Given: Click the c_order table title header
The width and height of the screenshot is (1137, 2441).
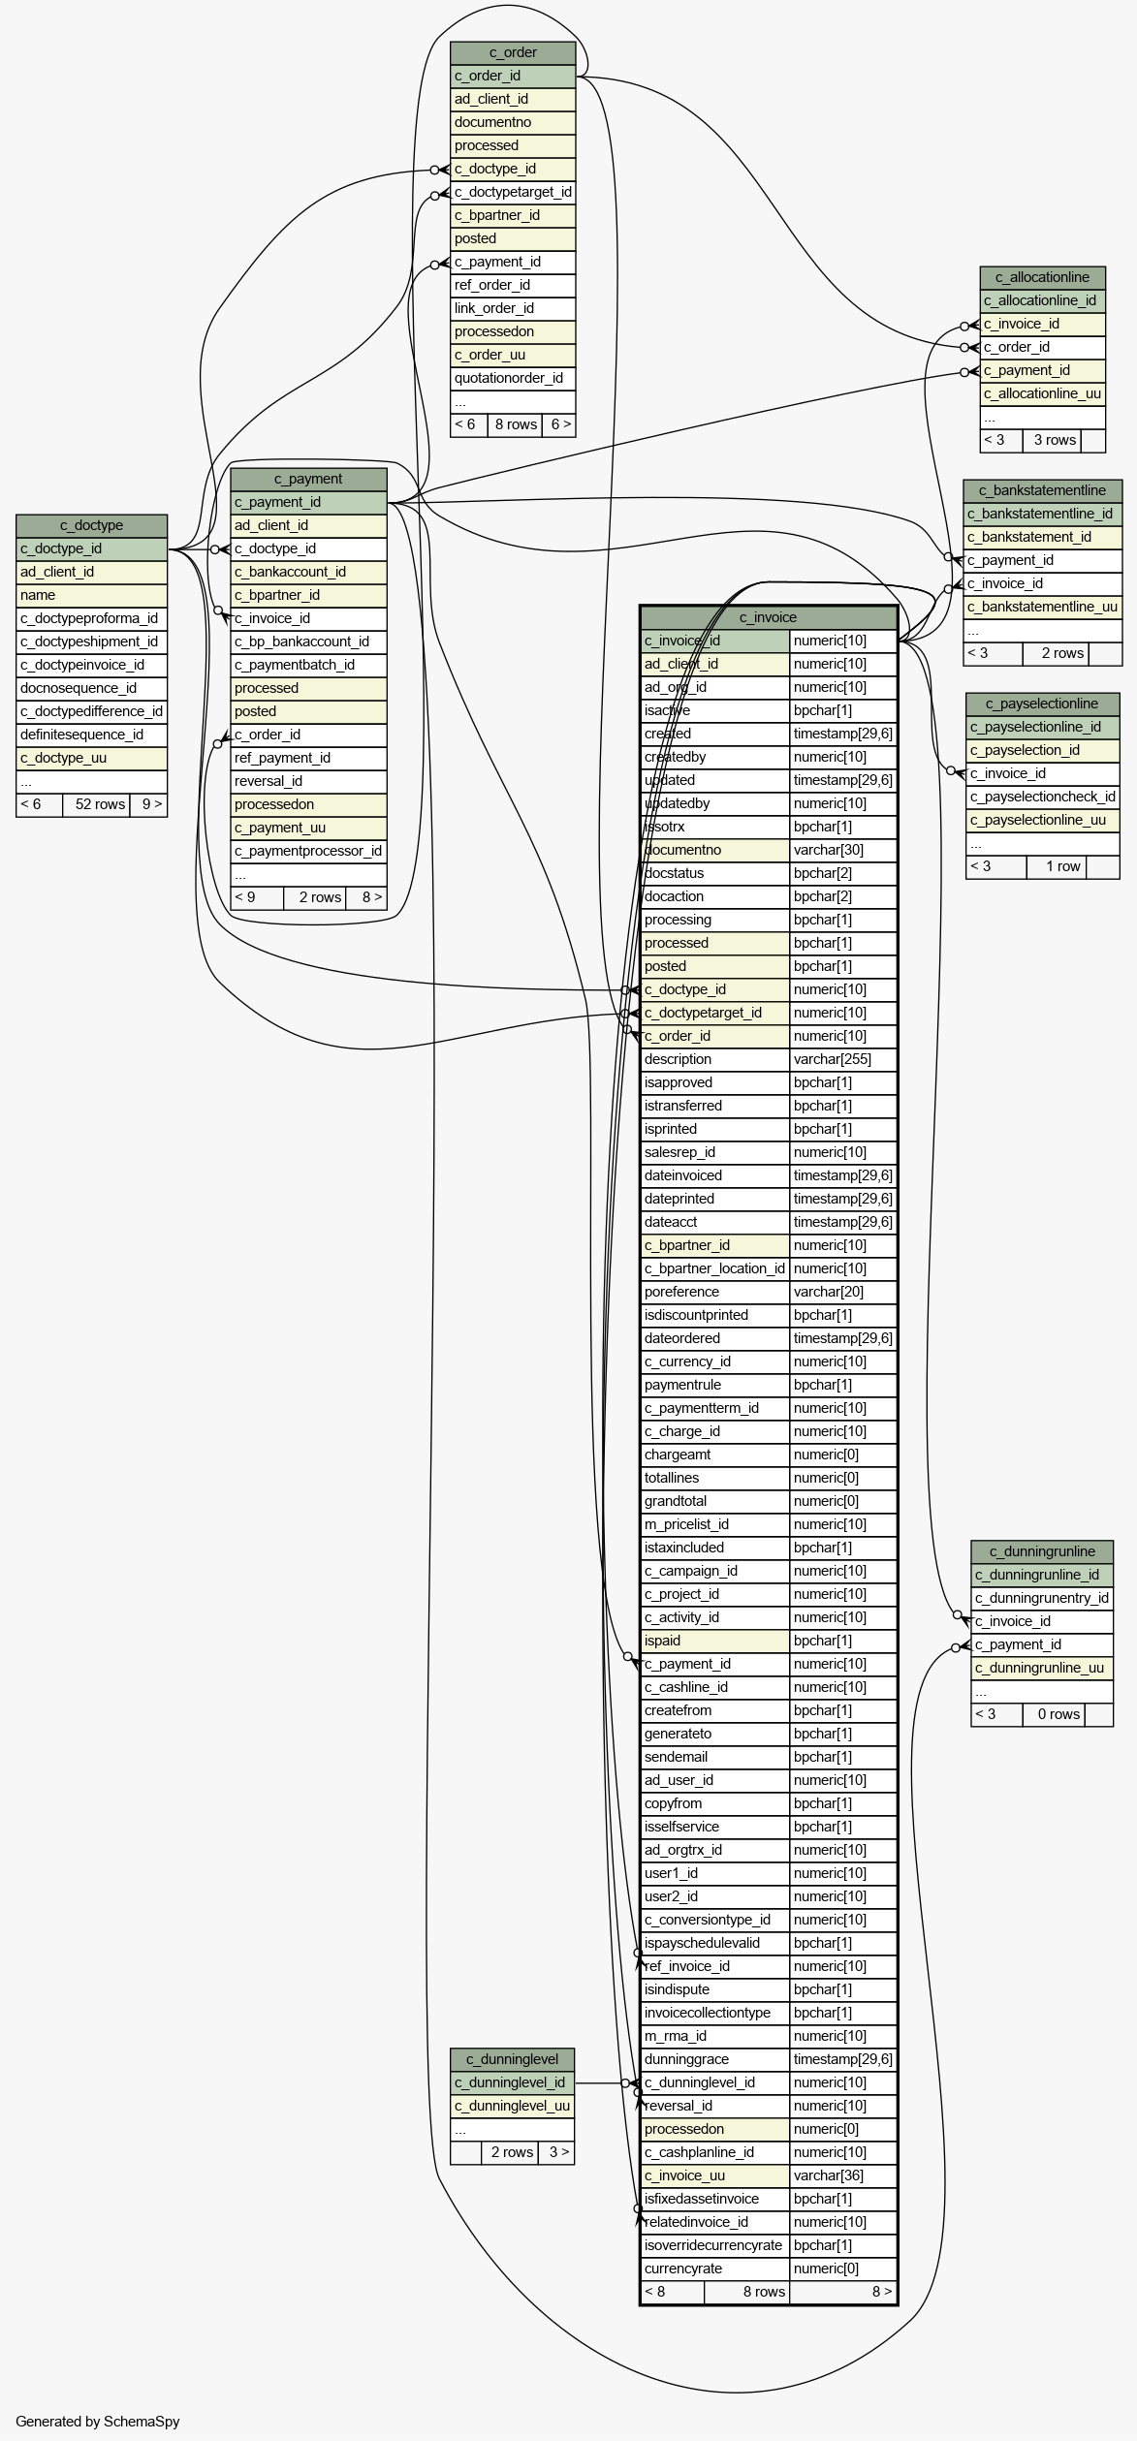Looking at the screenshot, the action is (513, 52).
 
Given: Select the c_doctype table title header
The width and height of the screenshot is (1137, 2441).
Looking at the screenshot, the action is (92, 525).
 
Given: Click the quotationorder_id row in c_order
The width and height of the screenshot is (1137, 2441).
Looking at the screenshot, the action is (513, 378).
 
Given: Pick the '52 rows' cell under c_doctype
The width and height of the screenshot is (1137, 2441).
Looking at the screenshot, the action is (97, 804).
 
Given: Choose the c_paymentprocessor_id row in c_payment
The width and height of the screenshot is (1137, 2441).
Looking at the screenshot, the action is (308, 851).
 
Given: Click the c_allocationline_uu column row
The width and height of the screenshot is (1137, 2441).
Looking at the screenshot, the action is (1043, 393).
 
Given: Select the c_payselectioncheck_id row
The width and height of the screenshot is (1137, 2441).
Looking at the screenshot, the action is (1043, 797).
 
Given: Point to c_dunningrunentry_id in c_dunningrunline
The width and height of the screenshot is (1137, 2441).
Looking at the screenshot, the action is (1042, 1598).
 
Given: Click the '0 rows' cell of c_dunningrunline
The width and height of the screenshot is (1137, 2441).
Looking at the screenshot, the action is (1054, 1714).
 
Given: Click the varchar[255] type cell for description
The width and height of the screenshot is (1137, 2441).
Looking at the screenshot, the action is (843, 1059).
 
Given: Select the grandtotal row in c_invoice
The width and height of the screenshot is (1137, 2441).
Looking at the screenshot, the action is (715, 1501).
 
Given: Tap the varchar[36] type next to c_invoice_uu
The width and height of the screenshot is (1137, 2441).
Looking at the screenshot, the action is (843, 2175).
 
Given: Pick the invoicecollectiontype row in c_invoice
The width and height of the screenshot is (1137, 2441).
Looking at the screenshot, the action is (715, 2013).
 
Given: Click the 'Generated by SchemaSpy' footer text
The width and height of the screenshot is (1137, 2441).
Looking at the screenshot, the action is (98, 2422).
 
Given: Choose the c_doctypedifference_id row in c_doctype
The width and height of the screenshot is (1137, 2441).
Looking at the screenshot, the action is (92, 711).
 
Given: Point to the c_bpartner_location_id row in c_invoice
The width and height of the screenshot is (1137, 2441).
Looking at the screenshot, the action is (715, 1268).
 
